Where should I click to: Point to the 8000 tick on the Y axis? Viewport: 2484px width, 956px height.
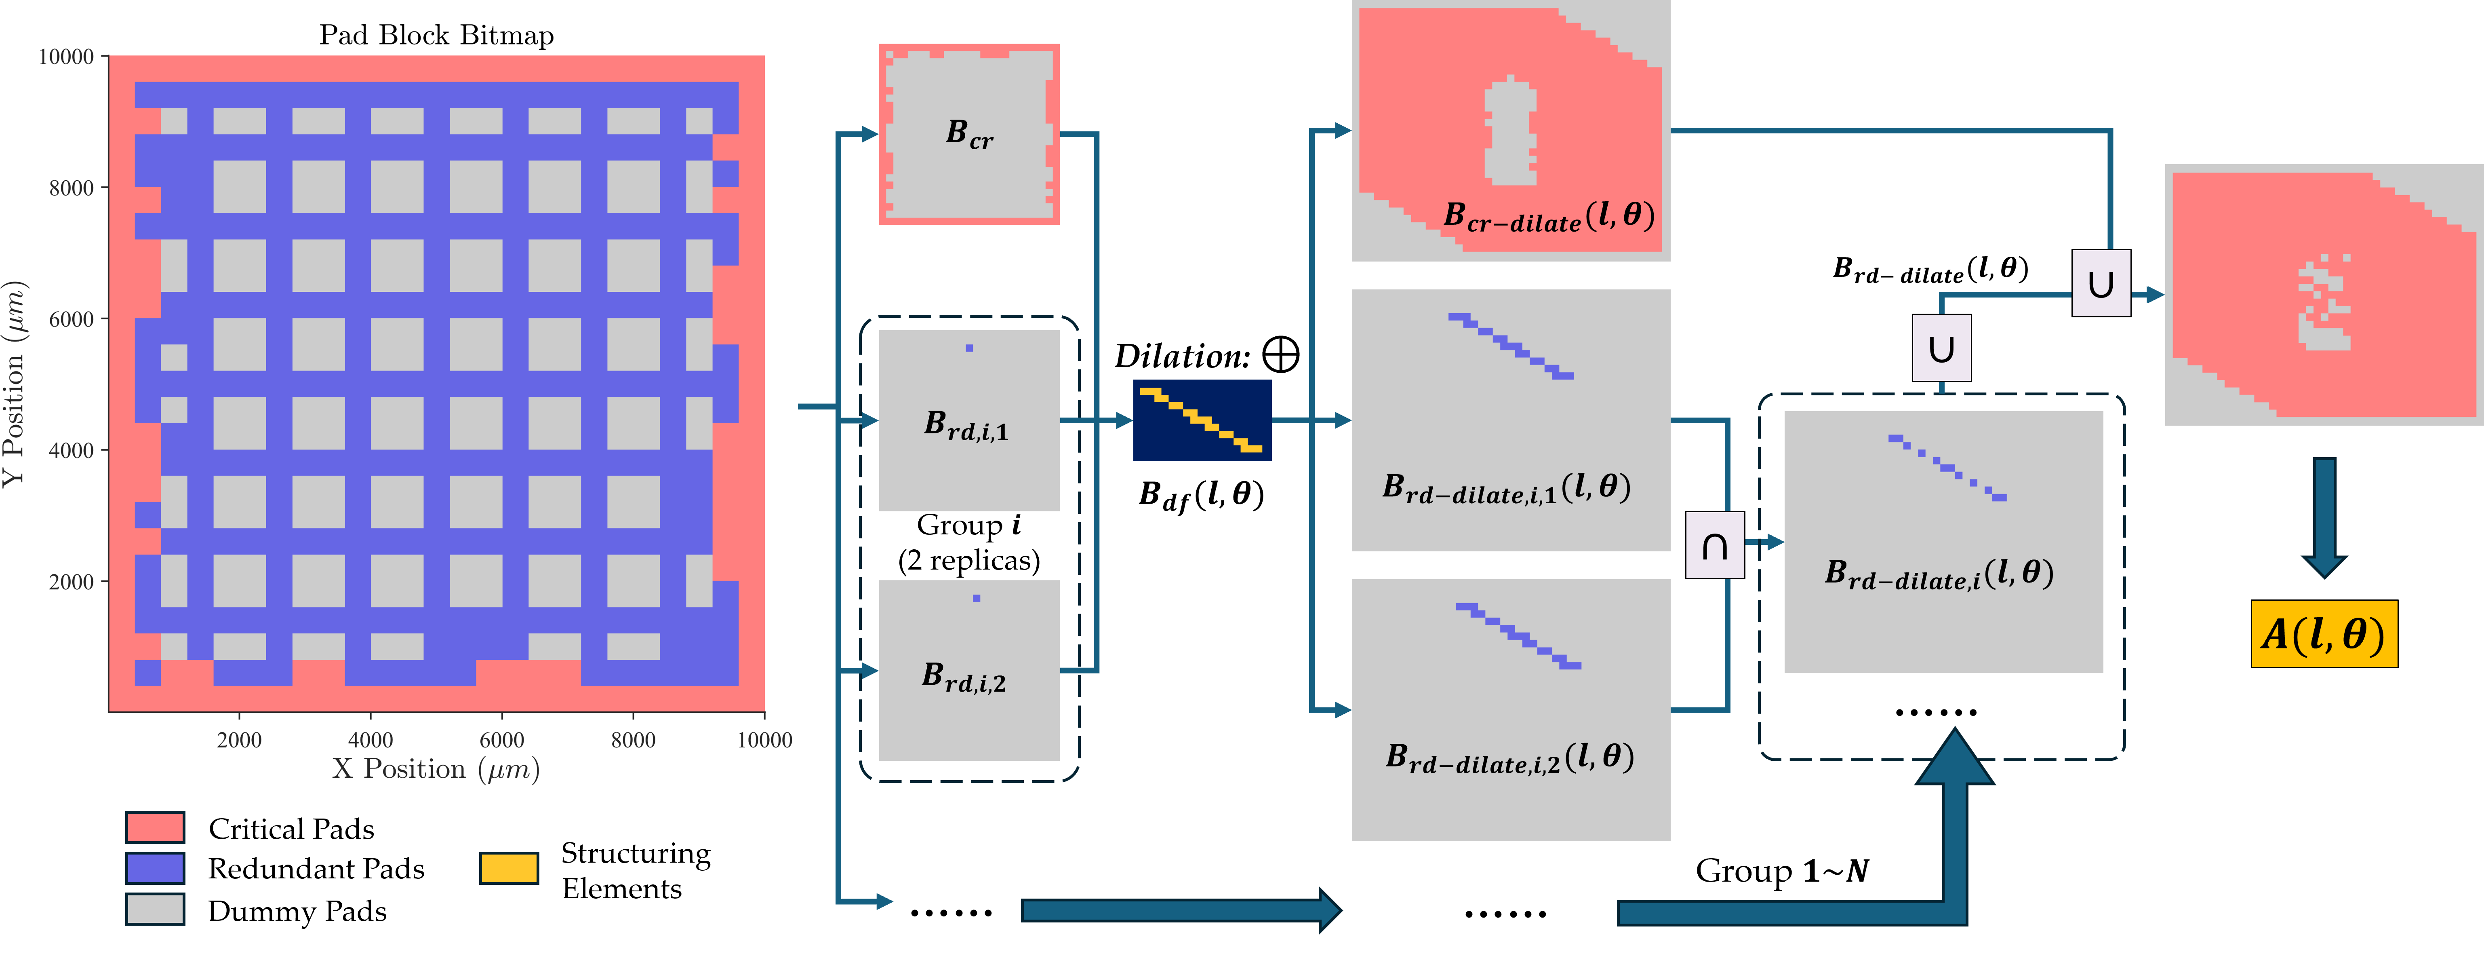[72, 188]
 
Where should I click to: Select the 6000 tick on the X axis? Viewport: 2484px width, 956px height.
[501, 740]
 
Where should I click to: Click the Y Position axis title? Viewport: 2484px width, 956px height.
[15, 384]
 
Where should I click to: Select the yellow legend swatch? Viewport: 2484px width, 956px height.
[508, 868]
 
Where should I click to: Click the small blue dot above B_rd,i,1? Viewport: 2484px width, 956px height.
[969, 348]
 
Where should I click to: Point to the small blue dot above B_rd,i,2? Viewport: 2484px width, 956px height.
[977, 598]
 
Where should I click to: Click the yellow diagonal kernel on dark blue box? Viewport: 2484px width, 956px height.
[1202, 420]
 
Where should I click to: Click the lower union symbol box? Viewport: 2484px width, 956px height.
[1941, 348]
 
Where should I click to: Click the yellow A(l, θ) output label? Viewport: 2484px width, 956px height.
[2323, 634]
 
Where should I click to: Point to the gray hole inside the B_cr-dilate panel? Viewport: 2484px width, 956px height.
[1509, 130]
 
